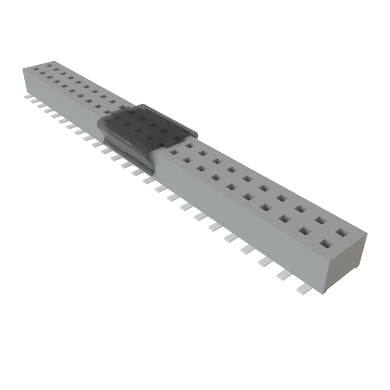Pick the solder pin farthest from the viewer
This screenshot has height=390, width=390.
[x=27, y=97]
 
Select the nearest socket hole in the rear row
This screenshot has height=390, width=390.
[x=341, y=232]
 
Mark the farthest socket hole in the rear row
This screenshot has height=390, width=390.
[x=48, y=65]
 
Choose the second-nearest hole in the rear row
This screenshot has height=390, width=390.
[x=321, y=220]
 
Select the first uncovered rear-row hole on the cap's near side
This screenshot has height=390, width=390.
[x=189, y=145]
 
